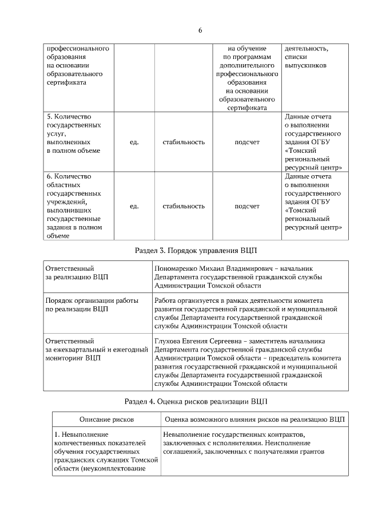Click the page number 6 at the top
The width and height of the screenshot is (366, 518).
coord(200,30)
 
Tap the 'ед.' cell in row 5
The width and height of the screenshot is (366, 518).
coord(134,142)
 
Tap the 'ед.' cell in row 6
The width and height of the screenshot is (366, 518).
coord(134,206)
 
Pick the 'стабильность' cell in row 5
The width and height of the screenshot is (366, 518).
coord(184,142)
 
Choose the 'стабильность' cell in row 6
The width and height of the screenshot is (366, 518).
coord(184,206)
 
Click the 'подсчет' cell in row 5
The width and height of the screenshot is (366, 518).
coord(247,142)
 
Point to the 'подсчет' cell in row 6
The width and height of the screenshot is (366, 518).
coord(247,206)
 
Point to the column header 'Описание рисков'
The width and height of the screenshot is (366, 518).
coord(106,420)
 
